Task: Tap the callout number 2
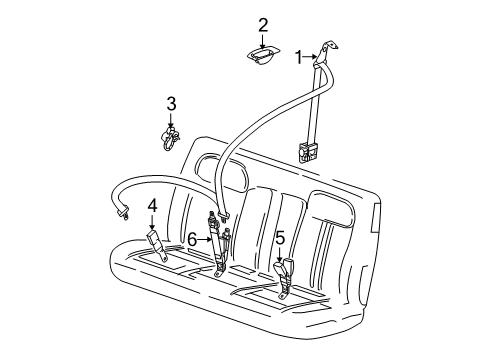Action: pyautogui.click(x=263, y=25)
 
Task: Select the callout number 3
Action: pyautogui.click(x=171, y=103)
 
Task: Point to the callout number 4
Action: pyautogui.click(x=152, y=206)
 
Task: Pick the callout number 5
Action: pyautogui.click(x=279, y=238)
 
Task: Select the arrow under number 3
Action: pyautogui.click(x=171, y=120)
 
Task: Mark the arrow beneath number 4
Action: pyautogui.click(x=152, y=222)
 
